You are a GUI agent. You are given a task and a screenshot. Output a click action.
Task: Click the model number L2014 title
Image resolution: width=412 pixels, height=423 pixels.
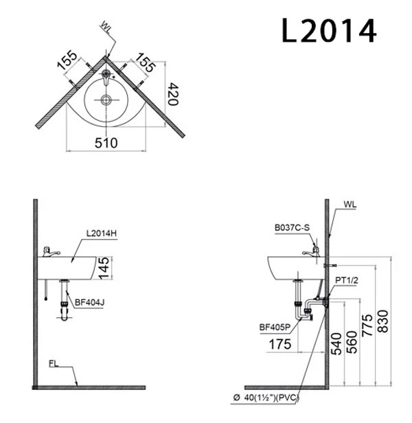coord(329,30)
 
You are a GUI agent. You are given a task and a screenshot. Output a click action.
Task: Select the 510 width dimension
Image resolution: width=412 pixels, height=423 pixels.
coord(106,143)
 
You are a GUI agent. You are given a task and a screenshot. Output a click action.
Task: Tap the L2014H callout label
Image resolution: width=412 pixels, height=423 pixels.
coord(102,233)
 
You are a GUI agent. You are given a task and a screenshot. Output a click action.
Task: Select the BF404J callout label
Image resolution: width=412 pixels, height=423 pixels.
coord(91,300)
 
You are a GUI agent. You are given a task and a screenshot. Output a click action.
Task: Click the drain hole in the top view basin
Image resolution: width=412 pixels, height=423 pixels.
coord(106,100)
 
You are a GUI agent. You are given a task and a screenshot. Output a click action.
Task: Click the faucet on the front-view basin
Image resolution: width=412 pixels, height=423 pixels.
coord(49,251)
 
